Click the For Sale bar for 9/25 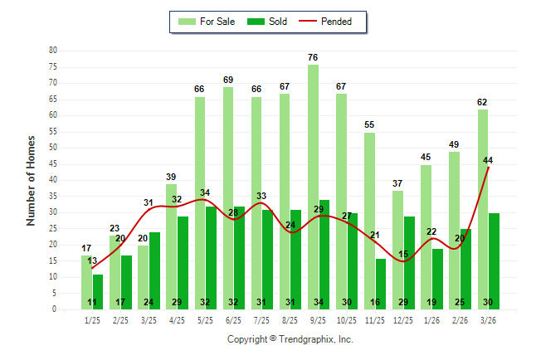tap(313, 187)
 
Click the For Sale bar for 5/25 tap(200, 203)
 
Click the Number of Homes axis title tap(31, 180)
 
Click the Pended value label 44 tap(489, 160)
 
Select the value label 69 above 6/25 tap(228, 80)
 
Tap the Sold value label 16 tap(375, 303)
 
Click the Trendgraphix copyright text tap(290, 339)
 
